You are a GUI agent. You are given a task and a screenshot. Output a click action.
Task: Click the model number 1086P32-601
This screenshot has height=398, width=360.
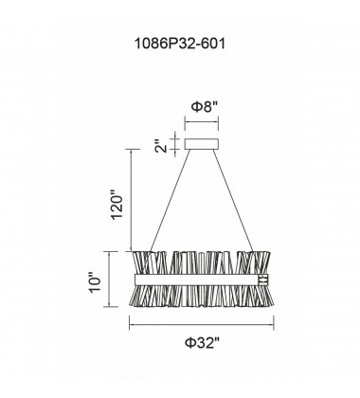click(180, 44)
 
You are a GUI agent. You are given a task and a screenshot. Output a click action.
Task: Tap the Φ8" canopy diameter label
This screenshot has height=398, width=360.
click(205, 107)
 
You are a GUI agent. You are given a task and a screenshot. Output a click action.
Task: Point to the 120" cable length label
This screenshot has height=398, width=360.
click(117, 204)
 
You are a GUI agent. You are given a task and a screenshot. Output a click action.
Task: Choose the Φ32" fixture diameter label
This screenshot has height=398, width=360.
click(202, 342)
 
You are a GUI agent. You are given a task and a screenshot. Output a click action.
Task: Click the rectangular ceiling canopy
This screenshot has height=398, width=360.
click(202, 144)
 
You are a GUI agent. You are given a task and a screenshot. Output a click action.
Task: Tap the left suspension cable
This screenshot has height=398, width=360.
click(171, 200)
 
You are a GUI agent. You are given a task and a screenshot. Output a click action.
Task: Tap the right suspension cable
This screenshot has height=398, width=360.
click(233, 200)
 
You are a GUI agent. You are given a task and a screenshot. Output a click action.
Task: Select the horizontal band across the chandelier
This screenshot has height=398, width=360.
click(197, 280)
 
